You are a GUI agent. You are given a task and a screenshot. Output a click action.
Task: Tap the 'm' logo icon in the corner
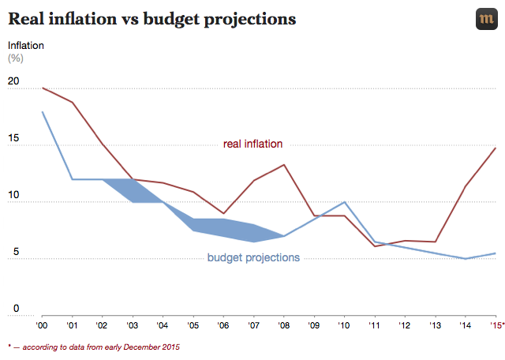(486, 20)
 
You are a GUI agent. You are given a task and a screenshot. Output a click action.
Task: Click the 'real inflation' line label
(252, 144)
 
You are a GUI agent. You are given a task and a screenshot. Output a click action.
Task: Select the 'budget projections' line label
(253, 257)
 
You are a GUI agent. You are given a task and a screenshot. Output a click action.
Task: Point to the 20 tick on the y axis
(13, 81)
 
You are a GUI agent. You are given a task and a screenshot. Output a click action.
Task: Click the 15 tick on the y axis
(13, 138)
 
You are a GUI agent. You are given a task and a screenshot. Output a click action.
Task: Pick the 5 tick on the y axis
(13, 252)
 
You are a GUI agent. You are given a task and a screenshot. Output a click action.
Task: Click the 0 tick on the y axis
(13, 309)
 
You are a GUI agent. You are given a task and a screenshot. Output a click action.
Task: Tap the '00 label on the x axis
(42, 324)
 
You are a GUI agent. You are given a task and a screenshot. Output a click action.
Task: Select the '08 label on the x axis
(284, 324)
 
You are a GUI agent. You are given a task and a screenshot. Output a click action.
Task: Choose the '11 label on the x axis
(375, 324)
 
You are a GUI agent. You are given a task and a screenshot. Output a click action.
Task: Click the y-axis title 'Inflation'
(26, 45)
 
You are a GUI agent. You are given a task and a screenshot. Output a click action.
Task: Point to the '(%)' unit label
(16, 58)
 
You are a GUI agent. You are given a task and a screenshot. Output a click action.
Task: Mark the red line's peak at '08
(284, 165)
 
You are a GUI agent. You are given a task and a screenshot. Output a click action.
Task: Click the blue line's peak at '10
(345, 202)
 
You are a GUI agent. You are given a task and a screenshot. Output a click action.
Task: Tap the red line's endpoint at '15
(496, 148)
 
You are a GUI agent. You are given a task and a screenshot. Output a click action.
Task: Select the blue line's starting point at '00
(42, 112)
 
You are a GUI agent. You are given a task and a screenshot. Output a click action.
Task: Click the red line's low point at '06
(224, 213)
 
